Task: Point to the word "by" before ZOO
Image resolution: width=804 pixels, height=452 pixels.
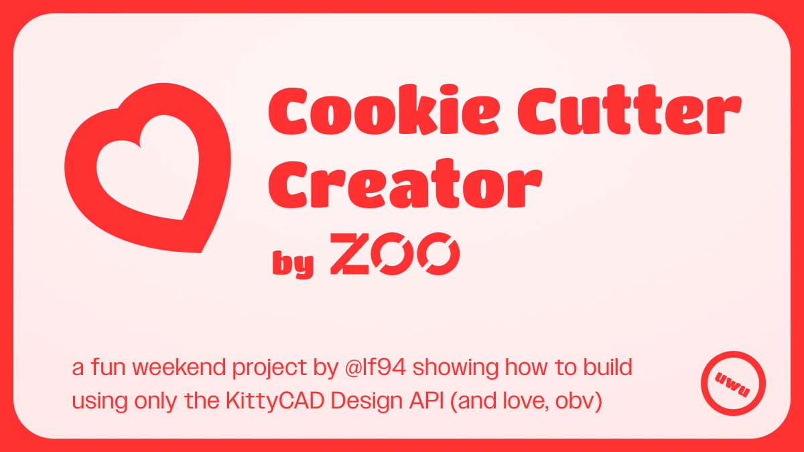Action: pyautogui.click(x=293, y=264)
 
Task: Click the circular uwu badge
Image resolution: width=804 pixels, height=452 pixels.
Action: pyautogui.click(x=733, y=384)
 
